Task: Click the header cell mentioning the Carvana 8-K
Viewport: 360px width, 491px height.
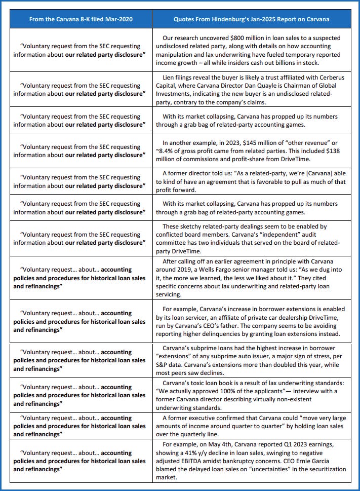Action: [81, 19]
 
